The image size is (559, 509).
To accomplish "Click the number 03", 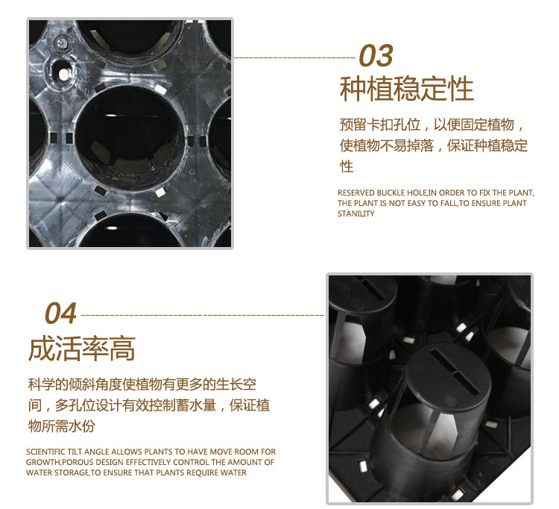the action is (376, 55).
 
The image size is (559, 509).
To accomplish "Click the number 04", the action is (60, 313).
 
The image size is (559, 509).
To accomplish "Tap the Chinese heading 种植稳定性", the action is (407, 89).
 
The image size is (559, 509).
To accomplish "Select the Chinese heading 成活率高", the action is (82, 348).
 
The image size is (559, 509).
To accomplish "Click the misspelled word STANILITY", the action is (356, 213).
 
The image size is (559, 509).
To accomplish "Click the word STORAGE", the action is (72, 472).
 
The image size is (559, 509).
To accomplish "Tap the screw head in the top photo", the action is (61, 43).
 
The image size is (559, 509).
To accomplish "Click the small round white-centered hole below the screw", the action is (63, 74).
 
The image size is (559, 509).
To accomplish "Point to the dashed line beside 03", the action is (295, 57).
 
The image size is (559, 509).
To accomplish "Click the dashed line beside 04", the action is (203, 315).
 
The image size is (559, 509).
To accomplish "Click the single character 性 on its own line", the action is (346, 166).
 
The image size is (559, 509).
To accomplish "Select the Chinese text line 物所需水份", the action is (62, 426).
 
